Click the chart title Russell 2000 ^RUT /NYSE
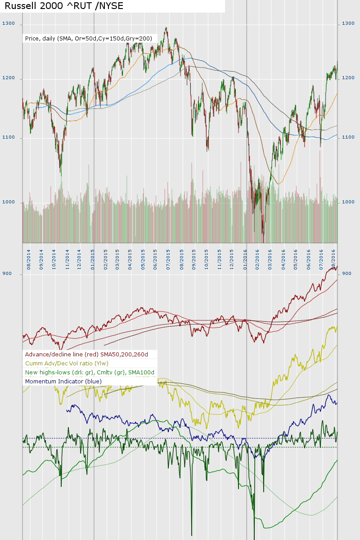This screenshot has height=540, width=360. (64, 6)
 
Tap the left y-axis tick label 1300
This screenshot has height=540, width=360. (9, 23)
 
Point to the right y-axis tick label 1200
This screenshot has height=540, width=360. (348, 78)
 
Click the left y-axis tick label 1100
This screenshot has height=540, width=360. (9, 137)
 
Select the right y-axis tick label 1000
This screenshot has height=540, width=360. (348, 202)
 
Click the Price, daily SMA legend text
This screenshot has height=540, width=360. (89, 39)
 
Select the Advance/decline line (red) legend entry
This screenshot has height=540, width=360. (86, 355)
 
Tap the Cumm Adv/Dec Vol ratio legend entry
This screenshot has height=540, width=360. (67, 364)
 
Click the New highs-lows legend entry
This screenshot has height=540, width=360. (90, 373)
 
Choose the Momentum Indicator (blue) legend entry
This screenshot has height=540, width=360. (63, 382)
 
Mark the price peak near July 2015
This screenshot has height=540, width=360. (166, 28)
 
